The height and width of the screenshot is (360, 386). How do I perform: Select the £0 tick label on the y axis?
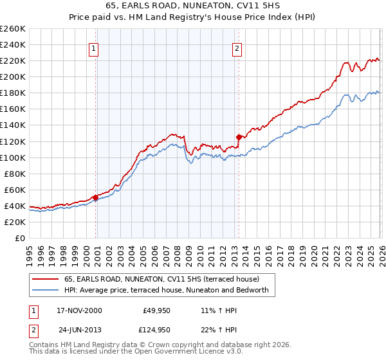tap(19, 238)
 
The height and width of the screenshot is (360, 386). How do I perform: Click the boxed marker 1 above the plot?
tap(94, 48)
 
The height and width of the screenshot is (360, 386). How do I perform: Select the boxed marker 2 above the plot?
tap(237, 48)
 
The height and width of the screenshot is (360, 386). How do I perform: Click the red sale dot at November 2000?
tap(96, 197)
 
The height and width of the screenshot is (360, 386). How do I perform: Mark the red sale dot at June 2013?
tap(239, 136)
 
